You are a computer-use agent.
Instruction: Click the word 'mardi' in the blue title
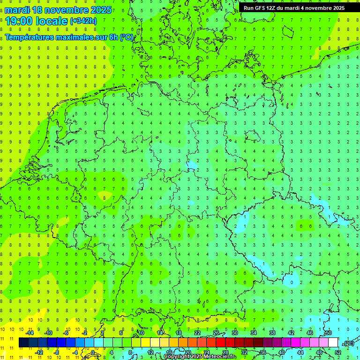point(18,10)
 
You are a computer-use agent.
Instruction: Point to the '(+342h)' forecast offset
point(83,21)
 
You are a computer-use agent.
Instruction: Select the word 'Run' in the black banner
point(249,8)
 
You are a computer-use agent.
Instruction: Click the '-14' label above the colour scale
point(29,333)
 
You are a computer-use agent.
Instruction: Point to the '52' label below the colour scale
point(337,352)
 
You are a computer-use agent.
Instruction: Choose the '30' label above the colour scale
point(234,333)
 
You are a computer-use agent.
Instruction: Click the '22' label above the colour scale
point(197,333)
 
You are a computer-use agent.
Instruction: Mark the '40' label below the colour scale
point(281,352)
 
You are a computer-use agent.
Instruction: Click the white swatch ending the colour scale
point(333,343)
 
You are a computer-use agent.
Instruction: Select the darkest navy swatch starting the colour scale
point(23,343)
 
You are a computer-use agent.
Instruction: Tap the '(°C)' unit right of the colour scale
point(348,343)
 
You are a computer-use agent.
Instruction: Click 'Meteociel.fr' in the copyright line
point(219,357)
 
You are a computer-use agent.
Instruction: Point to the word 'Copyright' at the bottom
point(177,357)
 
